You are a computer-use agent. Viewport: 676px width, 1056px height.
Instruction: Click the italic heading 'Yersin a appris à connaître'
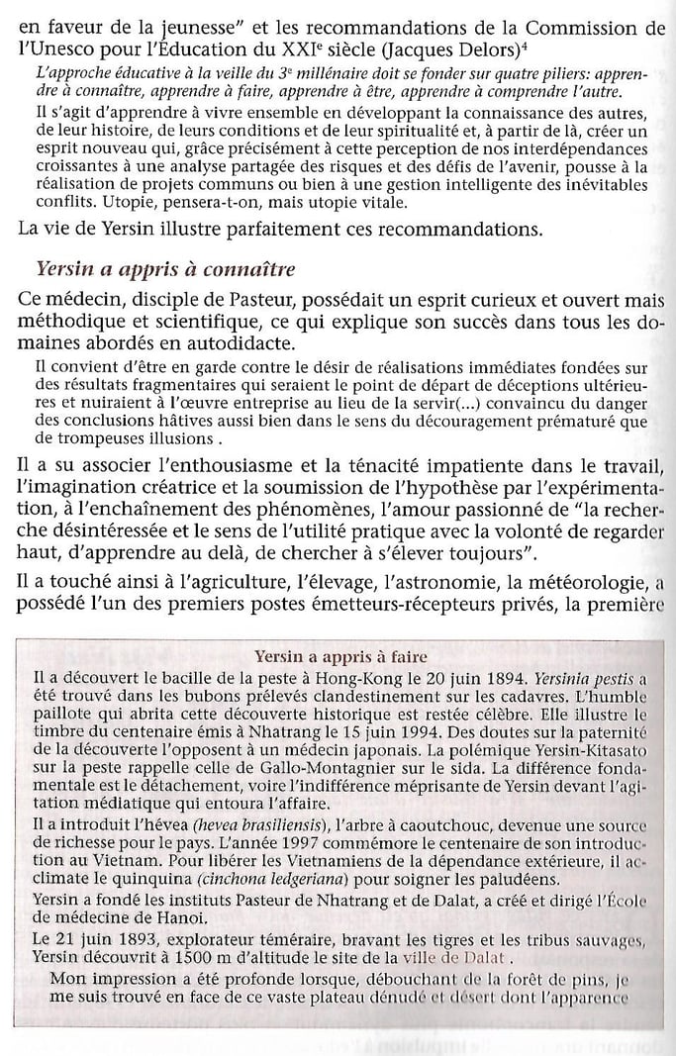coord(164,269)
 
